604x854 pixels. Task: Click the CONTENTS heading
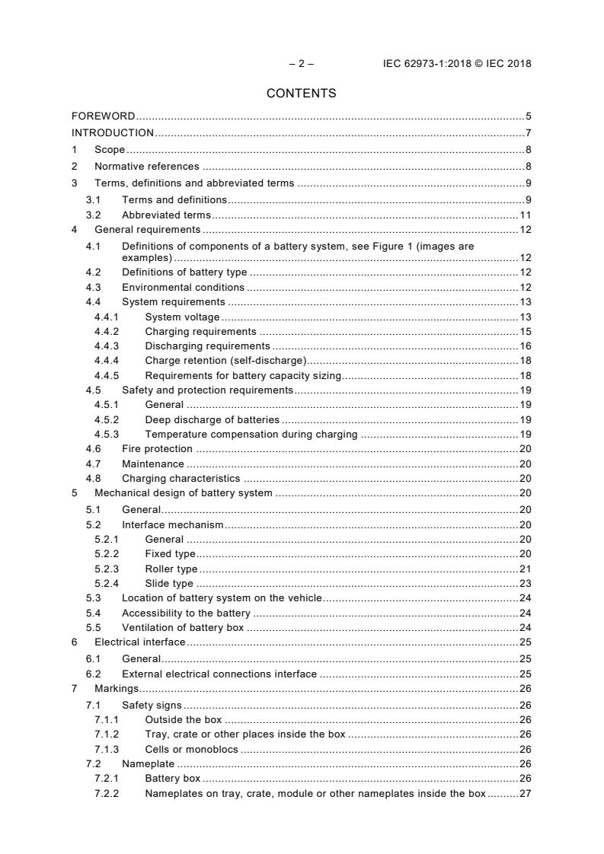(301, 94)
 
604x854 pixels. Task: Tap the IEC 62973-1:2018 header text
(457, 64)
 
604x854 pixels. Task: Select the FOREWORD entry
(104, 116)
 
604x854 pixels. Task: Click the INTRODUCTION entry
(113, 132)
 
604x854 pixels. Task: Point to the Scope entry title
(110, 150)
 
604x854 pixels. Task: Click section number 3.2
(94, 215)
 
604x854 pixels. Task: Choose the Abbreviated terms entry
(166, 215)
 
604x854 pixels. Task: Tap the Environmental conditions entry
(183, 288)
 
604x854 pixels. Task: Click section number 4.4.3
(107, 346)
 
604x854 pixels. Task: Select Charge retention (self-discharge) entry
(225, 361)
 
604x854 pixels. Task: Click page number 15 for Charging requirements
(525, 332)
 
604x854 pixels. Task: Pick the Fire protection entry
(157, 449)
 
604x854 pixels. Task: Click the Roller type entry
(171, 569)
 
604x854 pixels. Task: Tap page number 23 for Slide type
(525, 584)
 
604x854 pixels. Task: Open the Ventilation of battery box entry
(183, 629)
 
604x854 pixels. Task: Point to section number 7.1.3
(107, 750)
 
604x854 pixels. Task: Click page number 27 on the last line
(525, 794)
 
